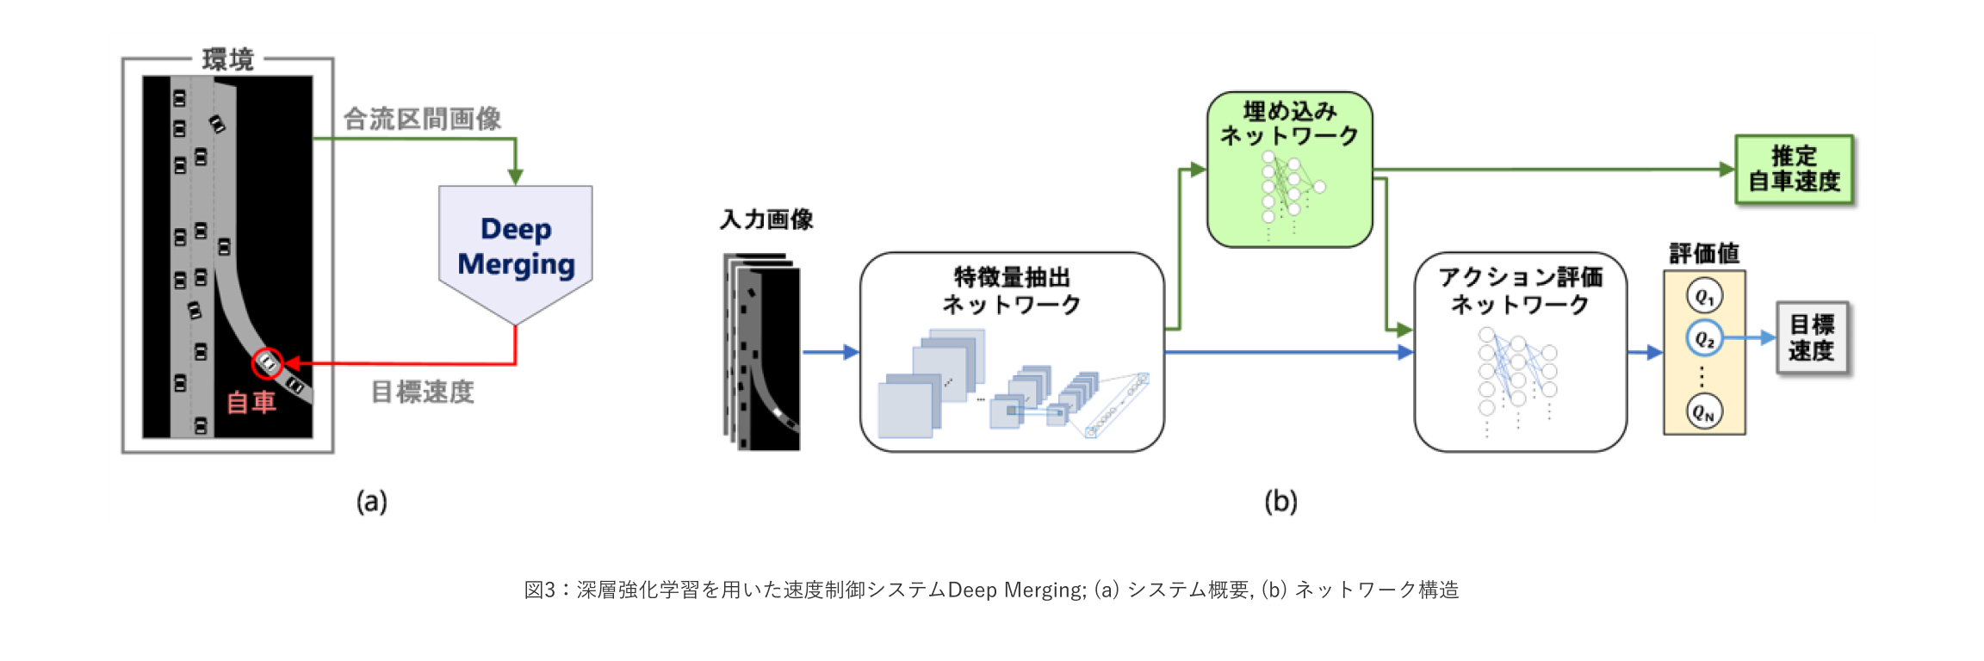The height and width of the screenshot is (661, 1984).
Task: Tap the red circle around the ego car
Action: click(268, 363)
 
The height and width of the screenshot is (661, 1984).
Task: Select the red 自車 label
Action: click(251, 402)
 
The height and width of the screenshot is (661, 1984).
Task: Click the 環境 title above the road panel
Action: click(227, 59)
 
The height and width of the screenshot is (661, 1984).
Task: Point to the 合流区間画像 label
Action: click(422, 119)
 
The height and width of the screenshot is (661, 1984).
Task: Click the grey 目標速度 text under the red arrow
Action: click(422, 392)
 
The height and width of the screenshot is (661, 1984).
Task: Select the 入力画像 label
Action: click(766, 220)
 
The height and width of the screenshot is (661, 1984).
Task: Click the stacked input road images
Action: click(762, 353)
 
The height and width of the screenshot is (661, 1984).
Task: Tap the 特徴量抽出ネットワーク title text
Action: click(1012, 291)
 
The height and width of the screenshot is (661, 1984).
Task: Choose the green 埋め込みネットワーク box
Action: click(1289, 170)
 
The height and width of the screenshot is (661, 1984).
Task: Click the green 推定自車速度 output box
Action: click(1794, 170)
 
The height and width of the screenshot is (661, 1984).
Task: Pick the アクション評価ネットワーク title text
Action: click(1520, 291)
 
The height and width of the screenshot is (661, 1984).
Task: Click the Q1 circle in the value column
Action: click(1704, 297)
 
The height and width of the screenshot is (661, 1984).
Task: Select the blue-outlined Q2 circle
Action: click(1704, 338)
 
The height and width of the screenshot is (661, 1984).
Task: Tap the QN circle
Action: click(1704, 411)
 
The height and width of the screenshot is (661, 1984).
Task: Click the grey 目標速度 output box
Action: click(1812, 338)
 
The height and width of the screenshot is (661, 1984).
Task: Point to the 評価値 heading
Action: click(1704, 254)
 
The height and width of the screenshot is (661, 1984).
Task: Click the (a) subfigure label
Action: click(372, 501)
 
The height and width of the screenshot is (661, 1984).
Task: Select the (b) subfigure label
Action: click(1280, 501)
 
